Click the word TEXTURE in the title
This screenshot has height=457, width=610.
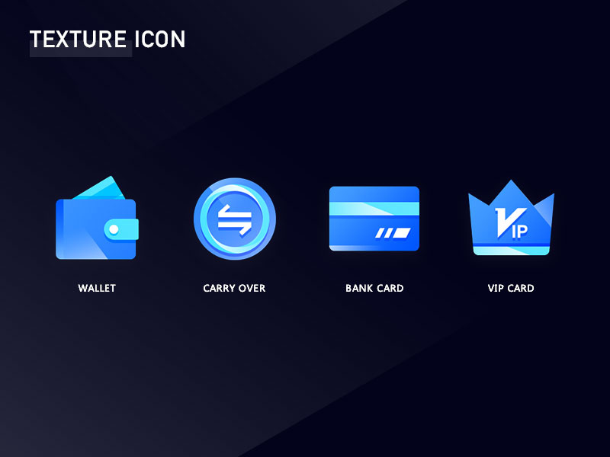pyautogui.click(x=79, y=40)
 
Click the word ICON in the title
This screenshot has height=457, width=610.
pyautogui.click(x=159, y=40)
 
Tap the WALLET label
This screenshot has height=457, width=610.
pyautogui.click(x=97, y=289)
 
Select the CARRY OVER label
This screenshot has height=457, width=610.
pyautogui.click(x=234, y=289)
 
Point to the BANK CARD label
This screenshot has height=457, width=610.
pyautogui.click(x=374, y=289)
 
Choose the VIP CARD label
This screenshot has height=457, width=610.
pyautogui.click(x=511, y=289)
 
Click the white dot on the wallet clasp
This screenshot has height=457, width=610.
pyautogui.click(x=114, y=228)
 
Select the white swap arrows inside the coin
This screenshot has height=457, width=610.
pyautogui.click(x=234, y=219)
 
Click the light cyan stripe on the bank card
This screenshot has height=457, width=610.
pyautogui.click(x=374, y=209)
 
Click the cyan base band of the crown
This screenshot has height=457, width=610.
pyautogui.click(x=511, y=250)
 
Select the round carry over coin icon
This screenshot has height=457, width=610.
pyautogui.click(x=234, y=219)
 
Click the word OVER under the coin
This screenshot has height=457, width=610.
pyautogui.click(x=252, y=289)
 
